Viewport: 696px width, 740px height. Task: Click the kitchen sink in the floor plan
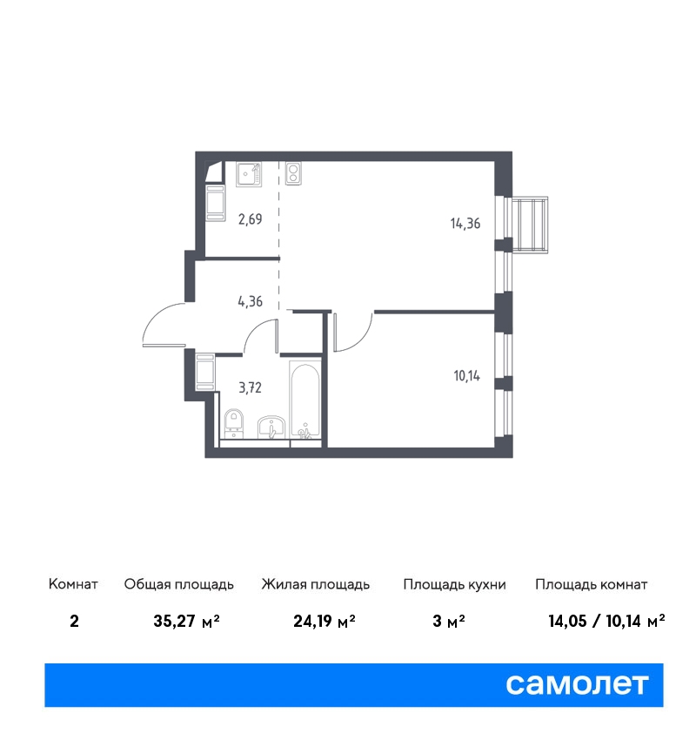[249, 174]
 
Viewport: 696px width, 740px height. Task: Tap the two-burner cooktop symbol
[293, 173]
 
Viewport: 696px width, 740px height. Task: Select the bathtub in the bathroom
[305, 400]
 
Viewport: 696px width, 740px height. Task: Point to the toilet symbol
[233, 423]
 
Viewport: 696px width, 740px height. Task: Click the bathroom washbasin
[271, 427]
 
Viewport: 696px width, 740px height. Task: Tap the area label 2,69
[250, 219]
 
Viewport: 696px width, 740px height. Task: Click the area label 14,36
[465, 223]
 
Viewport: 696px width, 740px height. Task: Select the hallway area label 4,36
[250, 301]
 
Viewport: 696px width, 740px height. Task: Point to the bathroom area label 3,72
[250, 388]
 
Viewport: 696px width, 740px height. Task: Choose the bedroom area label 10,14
[467, 376]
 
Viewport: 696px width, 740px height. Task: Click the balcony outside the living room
[530, 225]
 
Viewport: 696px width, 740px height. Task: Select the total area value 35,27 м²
[186, 621]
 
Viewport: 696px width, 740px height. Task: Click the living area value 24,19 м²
[325, 621]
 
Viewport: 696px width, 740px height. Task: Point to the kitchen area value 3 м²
[448, 621]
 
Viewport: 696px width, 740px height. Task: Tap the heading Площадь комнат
[591, 585]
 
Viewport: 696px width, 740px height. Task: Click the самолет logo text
[577, 684]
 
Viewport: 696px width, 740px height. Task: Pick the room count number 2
[74, 621]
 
